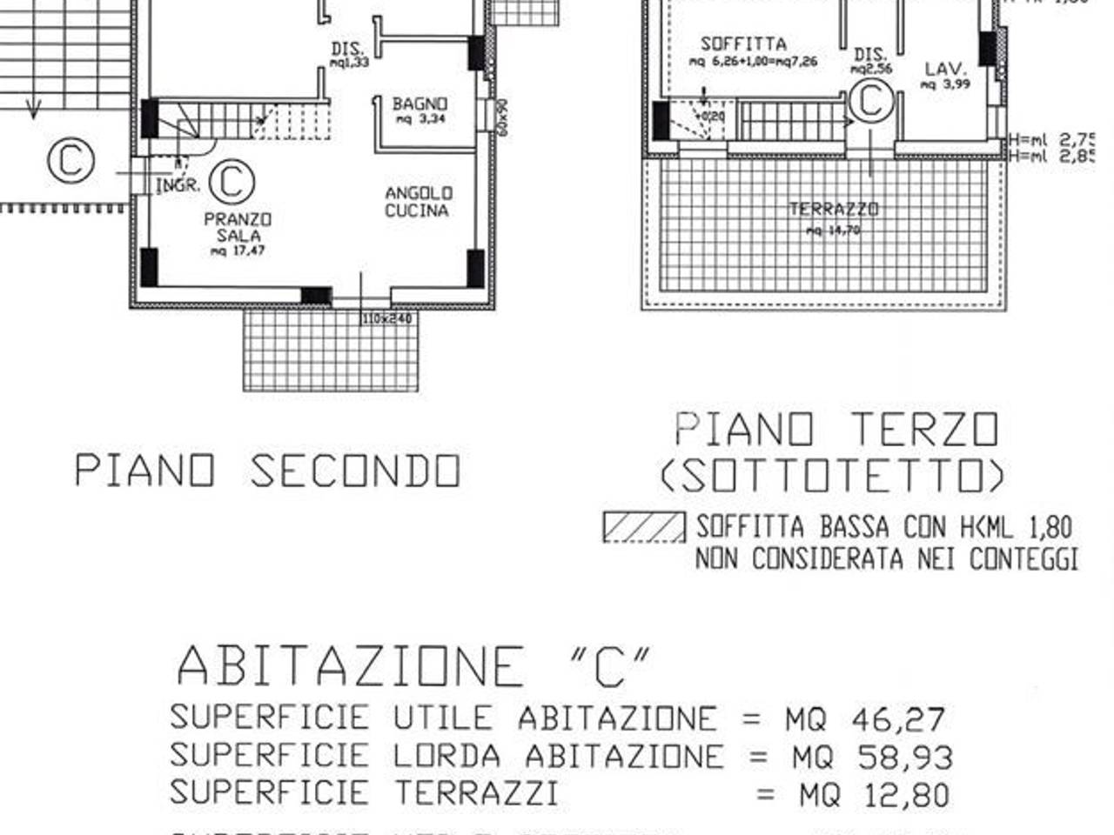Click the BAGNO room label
419,104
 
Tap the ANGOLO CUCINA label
418,202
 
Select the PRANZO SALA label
238,227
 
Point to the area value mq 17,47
238,251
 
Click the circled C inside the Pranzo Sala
232,181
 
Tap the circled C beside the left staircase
70,161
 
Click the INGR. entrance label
178,185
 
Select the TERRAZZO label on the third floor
834,209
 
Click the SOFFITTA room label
743,43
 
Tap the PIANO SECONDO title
267,471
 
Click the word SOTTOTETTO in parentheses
832,476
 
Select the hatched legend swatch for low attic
644,527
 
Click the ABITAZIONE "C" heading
413,666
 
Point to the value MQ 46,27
864,719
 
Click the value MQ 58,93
871,757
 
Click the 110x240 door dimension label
388,319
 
